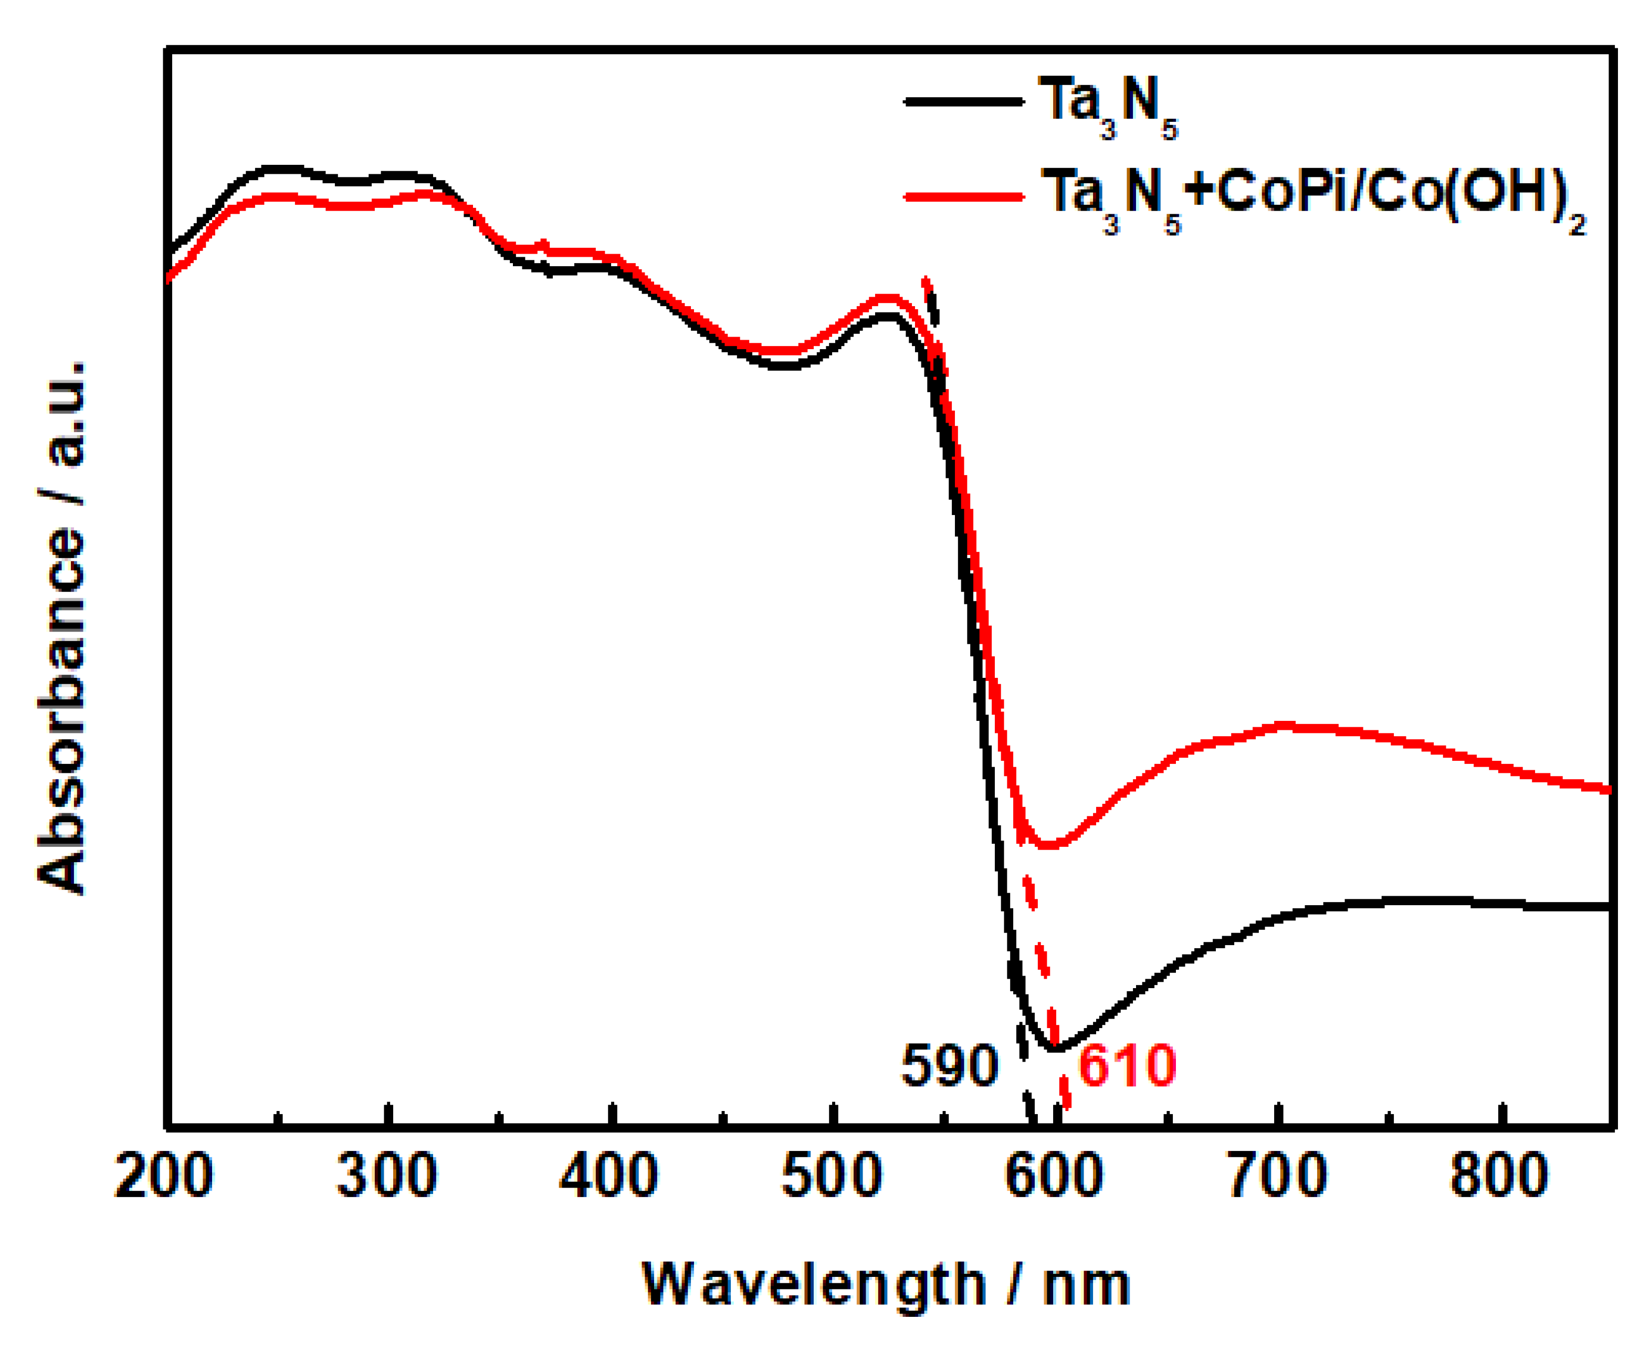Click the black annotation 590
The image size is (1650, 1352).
tap(949, 1066)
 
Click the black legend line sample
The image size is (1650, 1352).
tap(963, 101)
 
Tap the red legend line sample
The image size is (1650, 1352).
tap(963, 196)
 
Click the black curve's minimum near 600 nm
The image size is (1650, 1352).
tap(1055, 1049)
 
